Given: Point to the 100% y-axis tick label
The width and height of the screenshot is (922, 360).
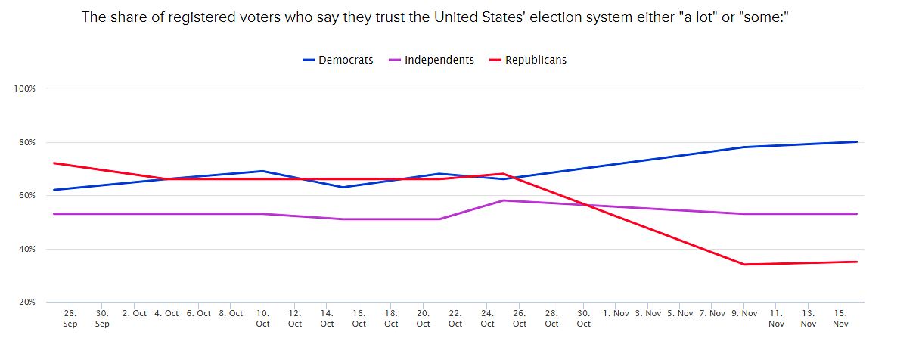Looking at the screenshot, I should click(25, 89).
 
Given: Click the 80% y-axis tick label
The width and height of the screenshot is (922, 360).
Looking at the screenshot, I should click(27, 142).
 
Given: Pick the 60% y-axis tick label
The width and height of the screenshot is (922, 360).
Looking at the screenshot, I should click(27, 196).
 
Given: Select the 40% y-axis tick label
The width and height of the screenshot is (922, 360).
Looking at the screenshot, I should click(27, 249).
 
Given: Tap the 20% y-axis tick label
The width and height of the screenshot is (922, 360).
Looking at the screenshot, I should click(27, 303).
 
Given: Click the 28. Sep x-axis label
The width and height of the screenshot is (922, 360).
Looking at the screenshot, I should click(70, 318).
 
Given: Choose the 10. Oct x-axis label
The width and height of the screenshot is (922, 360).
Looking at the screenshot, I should click(262, 318).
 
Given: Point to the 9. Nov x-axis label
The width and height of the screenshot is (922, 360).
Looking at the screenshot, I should click(744, 313).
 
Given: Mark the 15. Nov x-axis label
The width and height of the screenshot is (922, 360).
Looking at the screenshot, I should click(840, 318).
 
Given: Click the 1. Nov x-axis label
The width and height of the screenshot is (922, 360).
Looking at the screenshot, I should click(616, 313).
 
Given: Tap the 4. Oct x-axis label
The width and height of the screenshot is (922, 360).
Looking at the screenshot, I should click(166, 313).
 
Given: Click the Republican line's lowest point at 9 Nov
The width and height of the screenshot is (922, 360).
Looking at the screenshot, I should click(745, 265).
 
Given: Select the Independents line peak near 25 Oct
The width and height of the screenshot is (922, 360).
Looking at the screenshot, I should click(504, 200).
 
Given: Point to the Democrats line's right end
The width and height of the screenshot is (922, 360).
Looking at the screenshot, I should click(856, 141).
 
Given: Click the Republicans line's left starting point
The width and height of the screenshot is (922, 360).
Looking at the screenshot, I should click(54, 163).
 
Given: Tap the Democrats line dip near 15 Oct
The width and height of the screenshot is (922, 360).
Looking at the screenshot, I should click(343, 187).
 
